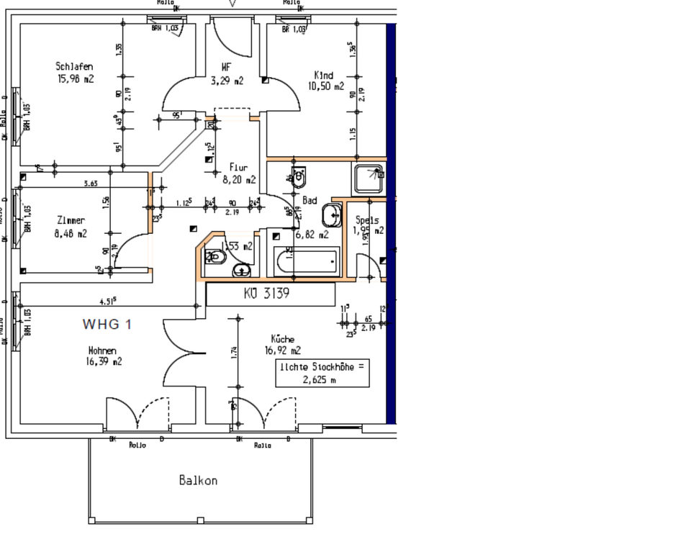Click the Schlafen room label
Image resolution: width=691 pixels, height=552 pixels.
tap(74, 66)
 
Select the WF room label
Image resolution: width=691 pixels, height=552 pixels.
tap(226, 67)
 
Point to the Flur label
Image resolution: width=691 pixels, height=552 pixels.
tap(238, 168)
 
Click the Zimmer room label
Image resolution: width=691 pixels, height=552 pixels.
tap(71, 220)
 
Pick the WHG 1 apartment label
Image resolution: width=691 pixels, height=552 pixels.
tap(107, 324)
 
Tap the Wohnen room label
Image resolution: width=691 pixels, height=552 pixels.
tap(102, 350)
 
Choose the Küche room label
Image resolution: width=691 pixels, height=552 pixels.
tap(282, 339)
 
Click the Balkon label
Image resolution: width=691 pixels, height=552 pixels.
tap(198, 480)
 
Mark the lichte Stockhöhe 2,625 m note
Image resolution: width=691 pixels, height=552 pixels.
tap(322, 373)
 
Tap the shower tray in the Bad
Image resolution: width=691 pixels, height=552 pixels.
tap(369, 178)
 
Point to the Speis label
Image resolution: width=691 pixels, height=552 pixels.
tap(367, 220)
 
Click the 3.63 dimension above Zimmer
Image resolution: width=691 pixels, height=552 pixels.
tap(91, 184)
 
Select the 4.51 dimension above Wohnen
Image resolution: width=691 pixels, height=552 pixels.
tap(108, 301)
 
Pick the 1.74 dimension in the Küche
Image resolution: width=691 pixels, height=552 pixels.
tap(234, 353)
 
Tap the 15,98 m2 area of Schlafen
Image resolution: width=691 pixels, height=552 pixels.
tap(76, 78)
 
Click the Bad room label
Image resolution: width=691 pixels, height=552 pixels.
tap(310, 200)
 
